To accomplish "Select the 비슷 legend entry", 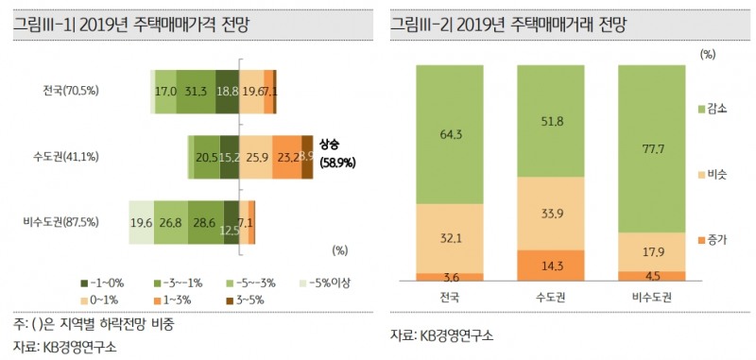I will [x=712, y=176].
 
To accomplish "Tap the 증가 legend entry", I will [x=712, y=241].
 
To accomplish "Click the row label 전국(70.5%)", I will [x=71, y=91].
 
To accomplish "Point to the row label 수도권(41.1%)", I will [x=66, y=156].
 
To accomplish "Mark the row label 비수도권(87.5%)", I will [x=60, y=222].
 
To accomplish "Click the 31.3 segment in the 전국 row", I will [x=197, y=91].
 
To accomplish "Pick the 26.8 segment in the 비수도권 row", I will [x=170, y=222].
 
